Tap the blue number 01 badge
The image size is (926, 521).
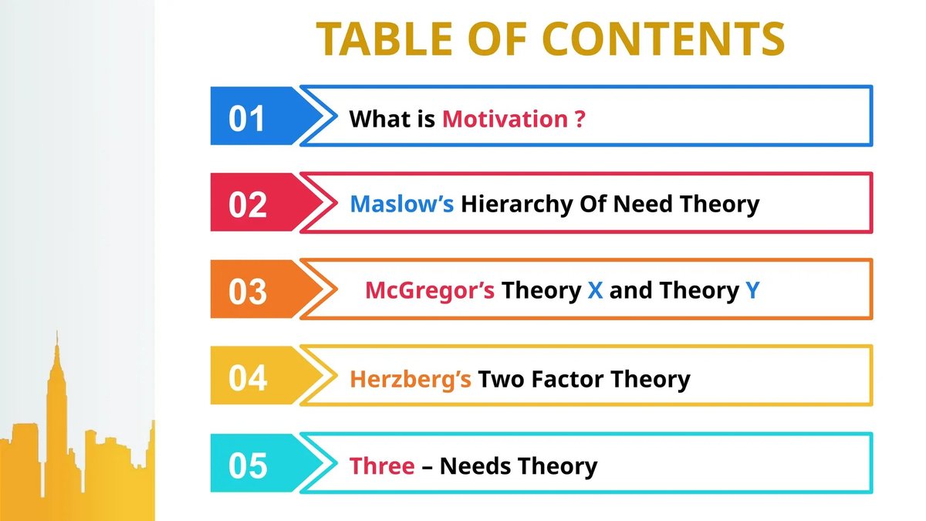(248, 119)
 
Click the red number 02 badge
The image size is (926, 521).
(248, 205)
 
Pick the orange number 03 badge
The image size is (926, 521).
(248, 292)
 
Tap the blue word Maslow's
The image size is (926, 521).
(401, 204)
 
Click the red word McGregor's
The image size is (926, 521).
(430, 290)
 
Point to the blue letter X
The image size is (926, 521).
(595, 290)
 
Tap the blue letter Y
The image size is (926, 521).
(752, 290)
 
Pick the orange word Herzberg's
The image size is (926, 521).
(411, 379)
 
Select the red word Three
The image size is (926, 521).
(382, 466)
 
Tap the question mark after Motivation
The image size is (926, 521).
(580, 119)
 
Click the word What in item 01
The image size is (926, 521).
(376, 119)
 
